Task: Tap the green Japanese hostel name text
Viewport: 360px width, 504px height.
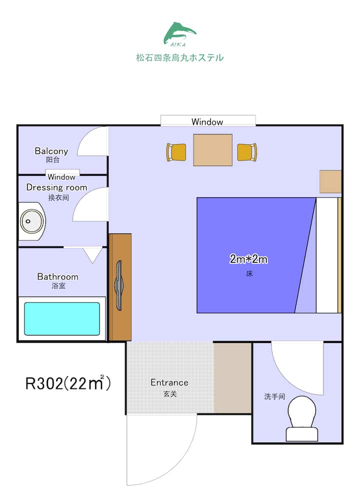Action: point(180,58)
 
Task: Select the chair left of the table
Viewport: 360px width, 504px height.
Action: point(176,152)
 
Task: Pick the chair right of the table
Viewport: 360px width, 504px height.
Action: point(247,152)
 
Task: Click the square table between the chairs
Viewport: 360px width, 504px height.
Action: point(213,150)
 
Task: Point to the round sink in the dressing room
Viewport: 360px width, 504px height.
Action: point(31,221)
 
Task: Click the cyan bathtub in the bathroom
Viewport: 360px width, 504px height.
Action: point(62,319)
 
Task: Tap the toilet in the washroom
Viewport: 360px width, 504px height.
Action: point(302,418)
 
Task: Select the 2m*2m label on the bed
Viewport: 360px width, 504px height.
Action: point(248,259)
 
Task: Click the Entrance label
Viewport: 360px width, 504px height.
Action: point(169,382)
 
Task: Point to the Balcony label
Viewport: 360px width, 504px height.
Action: point(51,151)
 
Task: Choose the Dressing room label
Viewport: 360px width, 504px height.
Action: point(56,187)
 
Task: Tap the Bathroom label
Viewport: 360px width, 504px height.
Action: point(58,277)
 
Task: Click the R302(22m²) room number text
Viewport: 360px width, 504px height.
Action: point(68,382)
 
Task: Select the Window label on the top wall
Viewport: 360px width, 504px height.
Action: point(207,122)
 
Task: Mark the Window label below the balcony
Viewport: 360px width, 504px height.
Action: point(61,177)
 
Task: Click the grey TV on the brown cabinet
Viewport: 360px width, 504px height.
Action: point(119,285)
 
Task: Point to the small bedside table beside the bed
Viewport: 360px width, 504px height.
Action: point(330,181)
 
